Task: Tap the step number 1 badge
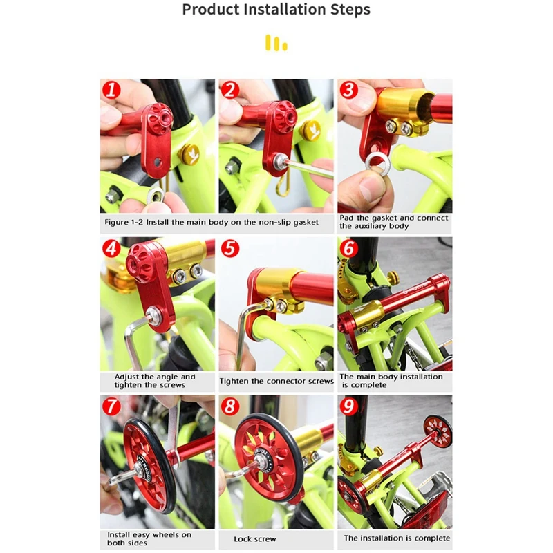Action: [111, 90]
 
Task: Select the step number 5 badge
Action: [230, 248]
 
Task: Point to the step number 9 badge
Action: [348, 406]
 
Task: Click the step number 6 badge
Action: [348, 248]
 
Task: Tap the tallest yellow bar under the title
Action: [268, 42]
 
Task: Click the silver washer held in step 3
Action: [376, 163]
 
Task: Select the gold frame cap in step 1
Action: [188, 154]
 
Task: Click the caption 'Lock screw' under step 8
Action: [254, 539]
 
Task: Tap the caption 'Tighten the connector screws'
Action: [276, 381]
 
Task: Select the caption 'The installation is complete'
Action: [397, 538]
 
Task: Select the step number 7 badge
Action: [111, 406]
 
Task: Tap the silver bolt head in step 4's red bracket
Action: [152, 313]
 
